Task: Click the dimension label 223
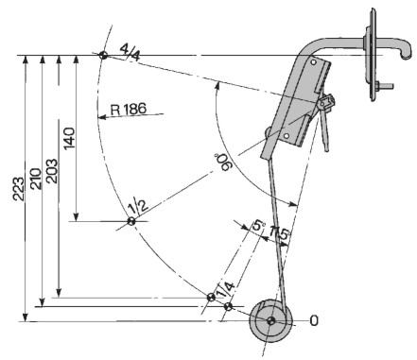[x=19, y=189]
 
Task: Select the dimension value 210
[x=36, y=179]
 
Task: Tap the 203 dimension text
[x=52, y=171]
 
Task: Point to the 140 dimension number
[x=69, y=138]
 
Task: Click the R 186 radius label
[x=129, y=109]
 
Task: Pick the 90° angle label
[x=225, y=162]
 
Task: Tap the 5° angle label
[x=258, y=225]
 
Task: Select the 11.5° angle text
[x=280, y=233]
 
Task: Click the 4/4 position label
[x=130, y=54]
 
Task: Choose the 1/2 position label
[x=138, y=205]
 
